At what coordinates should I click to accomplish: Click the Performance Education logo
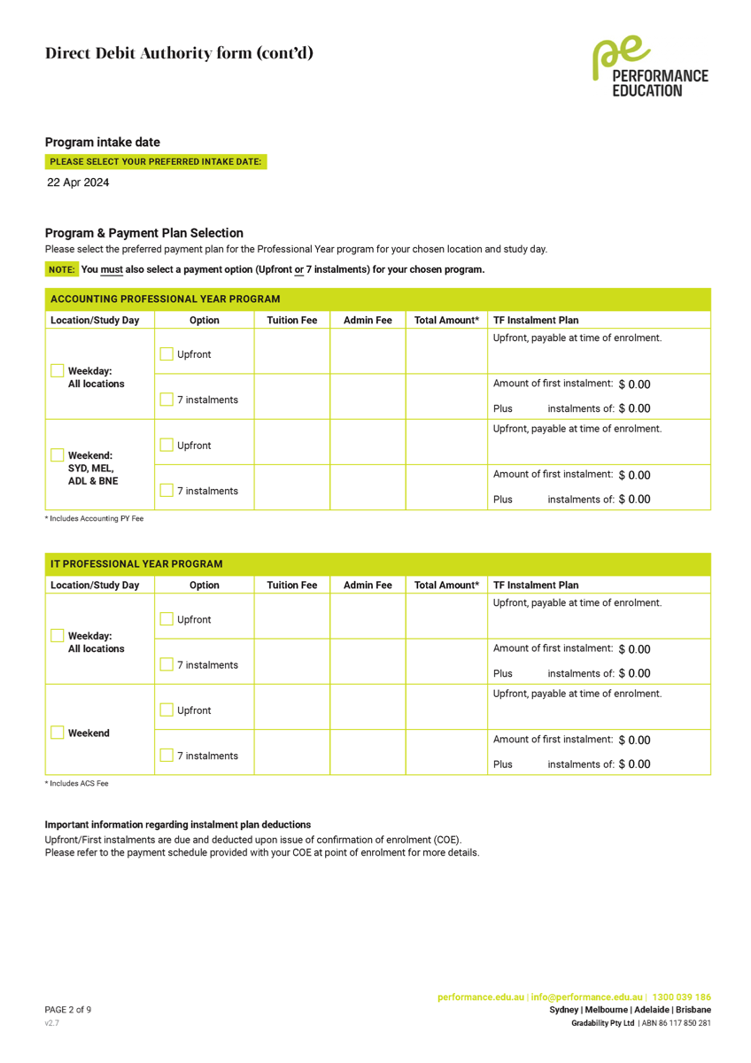coord(650,67)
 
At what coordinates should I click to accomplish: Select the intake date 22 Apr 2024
coord(79,182)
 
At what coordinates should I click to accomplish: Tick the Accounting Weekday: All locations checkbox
coord(58,371)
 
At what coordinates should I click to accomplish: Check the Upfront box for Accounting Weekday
coord(166,354)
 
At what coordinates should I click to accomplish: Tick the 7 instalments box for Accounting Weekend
coord(166,490)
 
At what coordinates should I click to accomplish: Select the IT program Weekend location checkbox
coord(58,733)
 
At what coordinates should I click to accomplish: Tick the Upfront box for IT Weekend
coord(166,710)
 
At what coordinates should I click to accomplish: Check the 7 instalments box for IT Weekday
coord(166,664)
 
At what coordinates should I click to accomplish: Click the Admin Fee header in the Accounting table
coord(368,321)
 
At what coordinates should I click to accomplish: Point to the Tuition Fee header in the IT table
coord(292,586)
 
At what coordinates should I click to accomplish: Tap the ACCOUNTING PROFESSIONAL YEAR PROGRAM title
coord(165,299)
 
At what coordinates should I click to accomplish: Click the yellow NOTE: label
coord(62,269)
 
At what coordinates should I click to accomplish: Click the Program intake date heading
coord(103,143)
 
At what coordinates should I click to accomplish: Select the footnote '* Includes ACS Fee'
coord(77,784)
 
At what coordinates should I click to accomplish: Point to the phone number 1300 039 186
coord(681,997)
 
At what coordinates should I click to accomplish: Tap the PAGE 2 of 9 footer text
coord(68,1010)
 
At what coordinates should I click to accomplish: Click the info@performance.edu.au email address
coord(586,997)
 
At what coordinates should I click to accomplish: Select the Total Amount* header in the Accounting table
coord(446,321)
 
